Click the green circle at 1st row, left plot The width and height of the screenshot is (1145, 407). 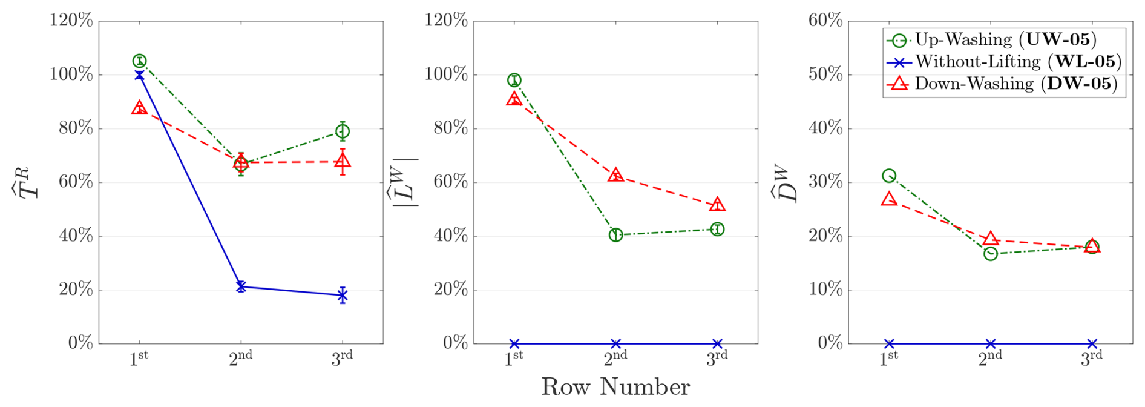coord(139,61)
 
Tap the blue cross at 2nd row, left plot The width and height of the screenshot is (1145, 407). coord(241,286)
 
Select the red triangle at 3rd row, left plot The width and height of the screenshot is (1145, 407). coord(343,161)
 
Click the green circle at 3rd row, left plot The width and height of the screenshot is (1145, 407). coord(343,131)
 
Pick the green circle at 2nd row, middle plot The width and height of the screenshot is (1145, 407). coord(615,235)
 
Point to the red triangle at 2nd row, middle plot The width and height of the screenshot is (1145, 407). coord(615,176)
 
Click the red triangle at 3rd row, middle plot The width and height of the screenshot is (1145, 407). coord(717,205)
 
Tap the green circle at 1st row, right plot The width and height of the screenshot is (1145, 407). coord(889,176)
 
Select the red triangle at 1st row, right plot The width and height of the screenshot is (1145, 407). coord(889,199)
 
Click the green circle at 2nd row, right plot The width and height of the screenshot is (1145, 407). coord(991,254)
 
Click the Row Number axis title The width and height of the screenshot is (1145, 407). coord(615,387)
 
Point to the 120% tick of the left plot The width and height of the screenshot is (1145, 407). coord(71,21)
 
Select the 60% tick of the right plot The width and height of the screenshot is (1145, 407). coord(825,21)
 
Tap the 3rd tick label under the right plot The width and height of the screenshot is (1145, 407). coord(1092,359)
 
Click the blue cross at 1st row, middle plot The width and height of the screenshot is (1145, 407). coord(514,344)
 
